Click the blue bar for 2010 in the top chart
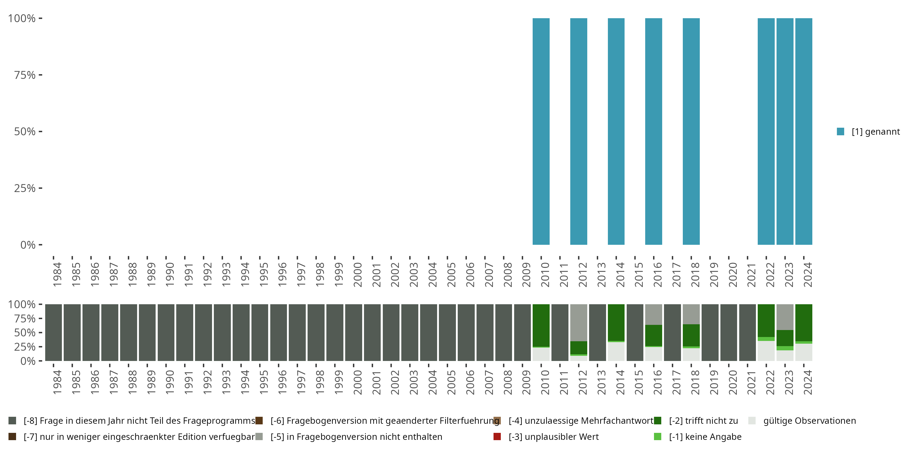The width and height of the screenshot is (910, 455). coord(541,131)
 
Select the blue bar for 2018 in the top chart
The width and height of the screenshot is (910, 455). coord(691,131)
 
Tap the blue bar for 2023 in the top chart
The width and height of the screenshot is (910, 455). coord(785,131)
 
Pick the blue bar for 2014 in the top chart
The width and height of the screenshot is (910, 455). coord(616,131)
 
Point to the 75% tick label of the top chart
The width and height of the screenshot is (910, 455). coord(25,75)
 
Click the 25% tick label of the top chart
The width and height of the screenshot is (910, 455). coord(25,188)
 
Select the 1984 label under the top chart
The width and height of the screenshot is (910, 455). coord(57,275)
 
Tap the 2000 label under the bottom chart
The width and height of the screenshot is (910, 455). coord(358,382)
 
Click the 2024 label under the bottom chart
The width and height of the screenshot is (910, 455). coord(808,382)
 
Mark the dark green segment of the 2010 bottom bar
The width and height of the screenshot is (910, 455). coord(541,325)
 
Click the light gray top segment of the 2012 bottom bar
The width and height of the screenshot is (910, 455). coord(579,322)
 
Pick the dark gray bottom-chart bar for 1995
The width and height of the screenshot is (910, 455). coord(260,332)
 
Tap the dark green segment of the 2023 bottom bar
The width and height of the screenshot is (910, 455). coord(785,338)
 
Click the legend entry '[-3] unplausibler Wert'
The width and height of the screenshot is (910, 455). coord(553,436)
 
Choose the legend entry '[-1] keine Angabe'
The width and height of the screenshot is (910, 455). coord(705,436)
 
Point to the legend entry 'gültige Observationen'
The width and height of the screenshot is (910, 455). coord(809,421)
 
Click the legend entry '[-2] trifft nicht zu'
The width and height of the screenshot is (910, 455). coord(703,421)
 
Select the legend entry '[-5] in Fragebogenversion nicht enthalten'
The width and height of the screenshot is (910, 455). coord(356,436)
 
